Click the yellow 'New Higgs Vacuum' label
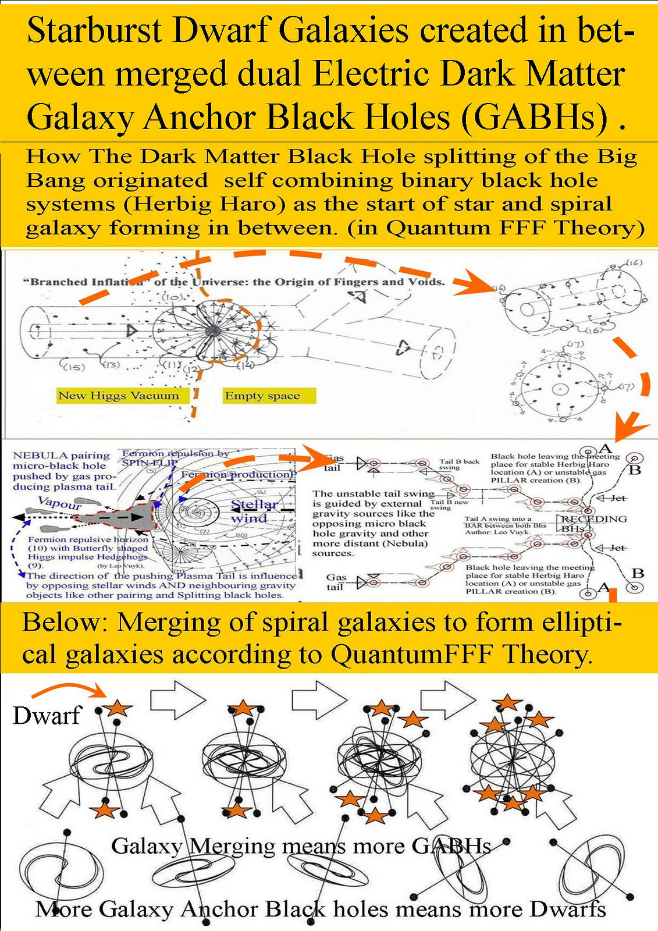tap(118, 396)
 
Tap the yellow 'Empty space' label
tap(262, 396)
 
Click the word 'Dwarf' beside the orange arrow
tap(46, 715)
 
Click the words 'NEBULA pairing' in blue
tap(61, 456)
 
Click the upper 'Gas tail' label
tap(333, 463)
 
